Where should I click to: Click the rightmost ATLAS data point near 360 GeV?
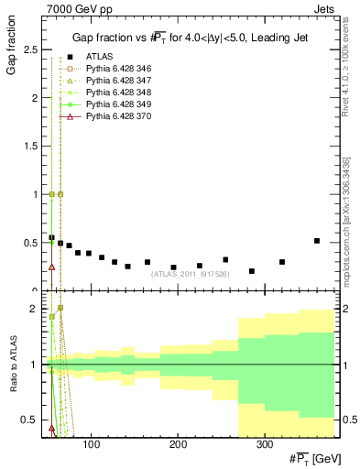tap(317, 241)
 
